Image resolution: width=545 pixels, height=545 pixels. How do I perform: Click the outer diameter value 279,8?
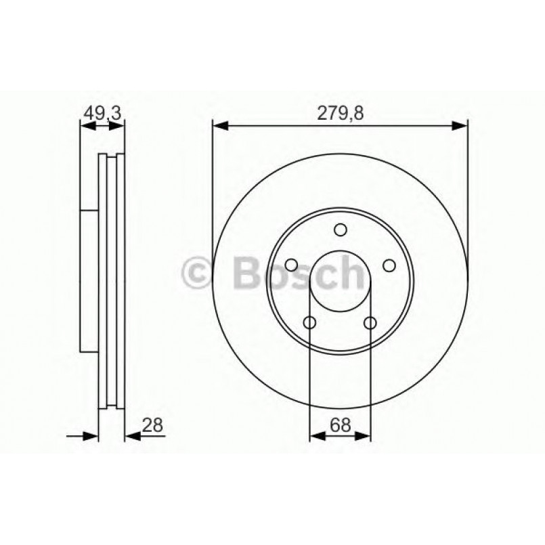pos(341,114)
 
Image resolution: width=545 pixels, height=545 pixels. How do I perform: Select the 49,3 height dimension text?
pos(101,114)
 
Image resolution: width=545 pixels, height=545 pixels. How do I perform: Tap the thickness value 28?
pos(153,425)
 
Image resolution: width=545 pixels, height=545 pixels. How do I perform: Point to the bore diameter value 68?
pos(340,425)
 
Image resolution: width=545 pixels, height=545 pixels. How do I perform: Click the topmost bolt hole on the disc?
pos(340,230)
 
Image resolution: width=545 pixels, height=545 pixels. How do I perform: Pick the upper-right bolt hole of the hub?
pos(389,265)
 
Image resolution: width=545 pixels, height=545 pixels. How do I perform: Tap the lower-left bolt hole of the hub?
pos(310,323)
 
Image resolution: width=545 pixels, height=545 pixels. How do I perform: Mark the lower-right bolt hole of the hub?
pos(370,323)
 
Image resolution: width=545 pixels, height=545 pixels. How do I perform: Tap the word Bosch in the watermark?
pos(298,274)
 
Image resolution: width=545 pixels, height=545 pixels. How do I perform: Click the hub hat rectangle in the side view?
pos(89,280)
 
